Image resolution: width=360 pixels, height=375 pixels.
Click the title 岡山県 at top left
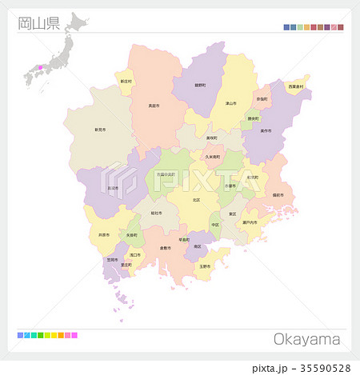pyautogui.click(x=38, y=23)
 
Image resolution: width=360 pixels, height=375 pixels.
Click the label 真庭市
pyautogui.click(x=153, y=105)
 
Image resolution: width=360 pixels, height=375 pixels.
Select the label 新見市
pyautogui.click(x=100, y=129)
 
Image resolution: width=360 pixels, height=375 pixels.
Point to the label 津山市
pyautogui.click(x=230, y=103)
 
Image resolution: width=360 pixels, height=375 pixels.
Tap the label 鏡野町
pyautogui.click(x=200, y=84)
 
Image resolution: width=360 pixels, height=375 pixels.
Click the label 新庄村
pyautogui.click(x=126, y=82)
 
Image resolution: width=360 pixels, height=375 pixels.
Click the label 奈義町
pyautogui.click(x=262, y=99)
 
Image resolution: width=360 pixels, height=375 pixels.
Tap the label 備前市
pyautogui.click(x=278, y=195)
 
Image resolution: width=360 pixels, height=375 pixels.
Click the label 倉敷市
pyautogui.click(x=166, y=248)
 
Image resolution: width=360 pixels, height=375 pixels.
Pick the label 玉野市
pyautogui.click(x=206, y=266)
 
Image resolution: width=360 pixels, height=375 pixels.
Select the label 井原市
pyautogui.click(x=104, y=235)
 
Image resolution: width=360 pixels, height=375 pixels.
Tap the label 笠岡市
pyautogui.click(x=112, y=260)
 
